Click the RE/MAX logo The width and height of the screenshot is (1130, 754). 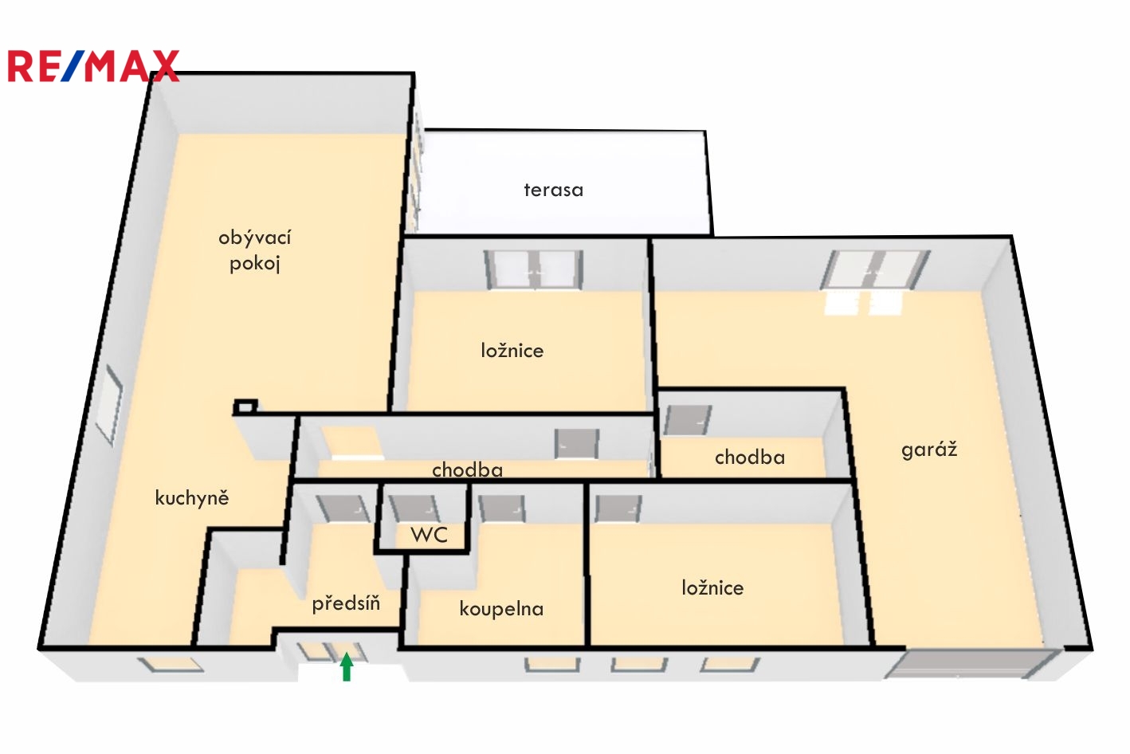[93, 65]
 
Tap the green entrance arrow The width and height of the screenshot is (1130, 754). [346, 666]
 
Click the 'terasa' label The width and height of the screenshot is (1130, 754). [553, 190]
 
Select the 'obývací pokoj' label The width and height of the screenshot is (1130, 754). [255, 250]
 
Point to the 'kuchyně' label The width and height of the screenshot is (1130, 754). [192, 497]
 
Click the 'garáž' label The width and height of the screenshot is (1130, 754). [929, 450]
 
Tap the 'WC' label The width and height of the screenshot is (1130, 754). [430, 535]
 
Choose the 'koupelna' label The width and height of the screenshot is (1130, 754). [501, 609]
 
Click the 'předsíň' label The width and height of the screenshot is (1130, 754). [346, 603]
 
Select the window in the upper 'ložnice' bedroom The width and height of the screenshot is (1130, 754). [534, 270]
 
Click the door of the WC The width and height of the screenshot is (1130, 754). [414, 509]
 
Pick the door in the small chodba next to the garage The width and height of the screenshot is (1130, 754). [688, 420]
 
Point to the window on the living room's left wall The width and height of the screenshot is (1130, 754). [108, 405]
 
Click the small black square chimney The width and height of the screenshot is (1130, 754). [245, 406]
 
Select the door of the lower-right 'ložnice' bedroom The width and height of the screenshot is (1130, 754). [618, 508]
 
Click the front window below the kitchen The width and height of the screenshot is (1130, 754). [171, 665]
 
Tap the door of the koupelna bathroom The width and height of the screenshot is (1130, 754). [502, 509]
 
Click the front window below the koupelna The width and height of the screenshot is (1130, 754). [552, 665]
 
